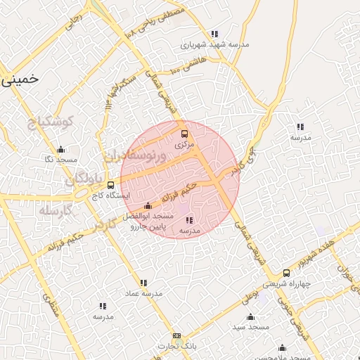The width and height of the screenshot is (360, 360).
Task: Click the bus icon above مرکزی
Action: (185, 134)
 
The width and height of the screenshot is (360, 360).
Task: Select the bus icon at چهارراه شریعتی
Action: (286, 274)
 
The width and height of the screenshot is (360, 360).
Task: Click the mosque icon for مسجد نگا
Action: (60, 150)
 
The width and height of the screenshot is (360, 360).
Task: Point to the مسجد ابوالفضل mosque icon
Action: (147, 206)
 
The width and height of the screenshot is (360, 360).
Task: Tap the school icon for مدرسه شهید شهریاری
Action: (214, 34)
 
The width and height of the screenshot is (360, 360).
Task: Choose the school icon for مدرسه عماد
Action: (144, 282)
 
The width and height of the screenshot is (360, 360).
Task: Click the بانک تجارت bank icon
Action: (176, 335)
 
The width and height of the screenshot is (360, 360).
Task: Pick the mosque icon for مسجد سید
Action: (251, 317)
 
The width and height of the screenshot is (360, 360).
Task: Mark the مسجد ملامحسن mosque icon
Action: (282, 347)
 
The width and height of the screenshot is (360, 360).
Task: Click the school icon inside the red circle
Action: (189, 220)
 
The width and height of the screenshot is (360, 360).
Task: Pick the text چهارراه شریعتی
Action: (286, 285)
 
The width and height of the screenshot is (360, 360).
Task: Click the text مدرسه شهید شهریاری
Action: (215, 44)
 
